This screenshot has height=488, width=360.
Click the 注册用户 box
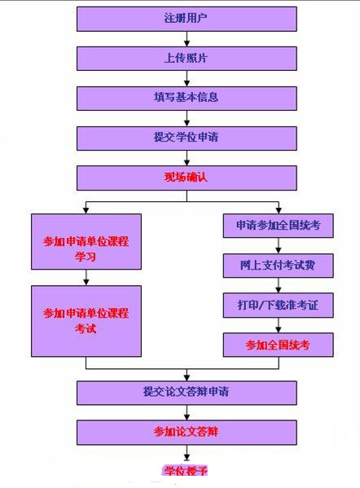point(187,19)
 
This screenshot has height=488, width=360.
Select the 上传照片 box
point(187,59)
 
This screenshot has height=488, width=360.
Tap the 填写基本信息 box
point(187,99)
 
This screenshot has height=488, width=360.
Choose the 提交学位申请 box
point(187,138)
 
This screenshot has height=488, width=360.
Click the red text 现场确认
point(186,178)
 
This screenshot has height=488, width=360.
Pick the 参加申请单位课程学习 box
point(86,241)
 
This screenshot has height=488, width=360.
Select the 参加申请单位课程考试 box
point(86,321)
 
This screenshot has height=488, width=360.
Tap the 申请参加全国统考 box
point(279,226)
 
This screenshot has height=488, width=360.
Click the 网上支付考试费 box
point(279,266)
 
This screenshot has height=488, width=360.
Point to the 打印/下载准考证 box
point(279,306)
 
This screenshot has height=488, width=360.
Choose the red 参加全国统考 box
point(279,345)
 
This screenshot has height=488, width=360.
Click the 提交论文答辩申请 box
point(187,393)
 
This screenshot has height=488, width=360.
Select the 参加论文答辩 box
point(187,433)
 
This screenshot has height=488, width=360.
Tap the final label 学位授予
point(186,470)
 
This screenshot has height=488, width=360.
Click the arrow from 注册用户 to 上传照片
point(187,39)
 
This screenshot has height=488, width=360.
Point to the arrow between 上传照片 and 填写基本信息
point(187,78)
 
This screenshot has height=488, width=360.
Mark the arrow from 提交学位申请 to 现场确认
point(187,158)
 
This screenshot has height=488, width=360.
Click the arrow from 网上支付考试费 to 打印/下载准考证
point(279,285)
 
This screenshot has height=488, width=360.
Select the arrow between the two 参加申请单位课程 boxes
point(86,277)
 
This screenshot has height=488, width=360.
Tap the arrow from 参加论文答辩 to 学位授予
point(187,453)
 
